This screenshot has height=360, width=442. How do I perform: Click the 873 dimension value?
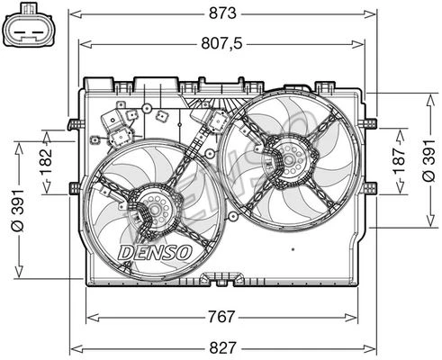(x=221, y=13)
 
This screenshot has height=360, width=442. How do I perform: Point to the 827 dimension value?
(x=221, y=345)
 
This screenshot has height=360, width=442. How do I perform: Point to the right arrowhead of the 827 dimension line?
(x=370, y=345)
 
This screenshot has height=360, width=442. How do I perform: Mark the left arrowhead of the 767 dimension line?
(x=89, y=317)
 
